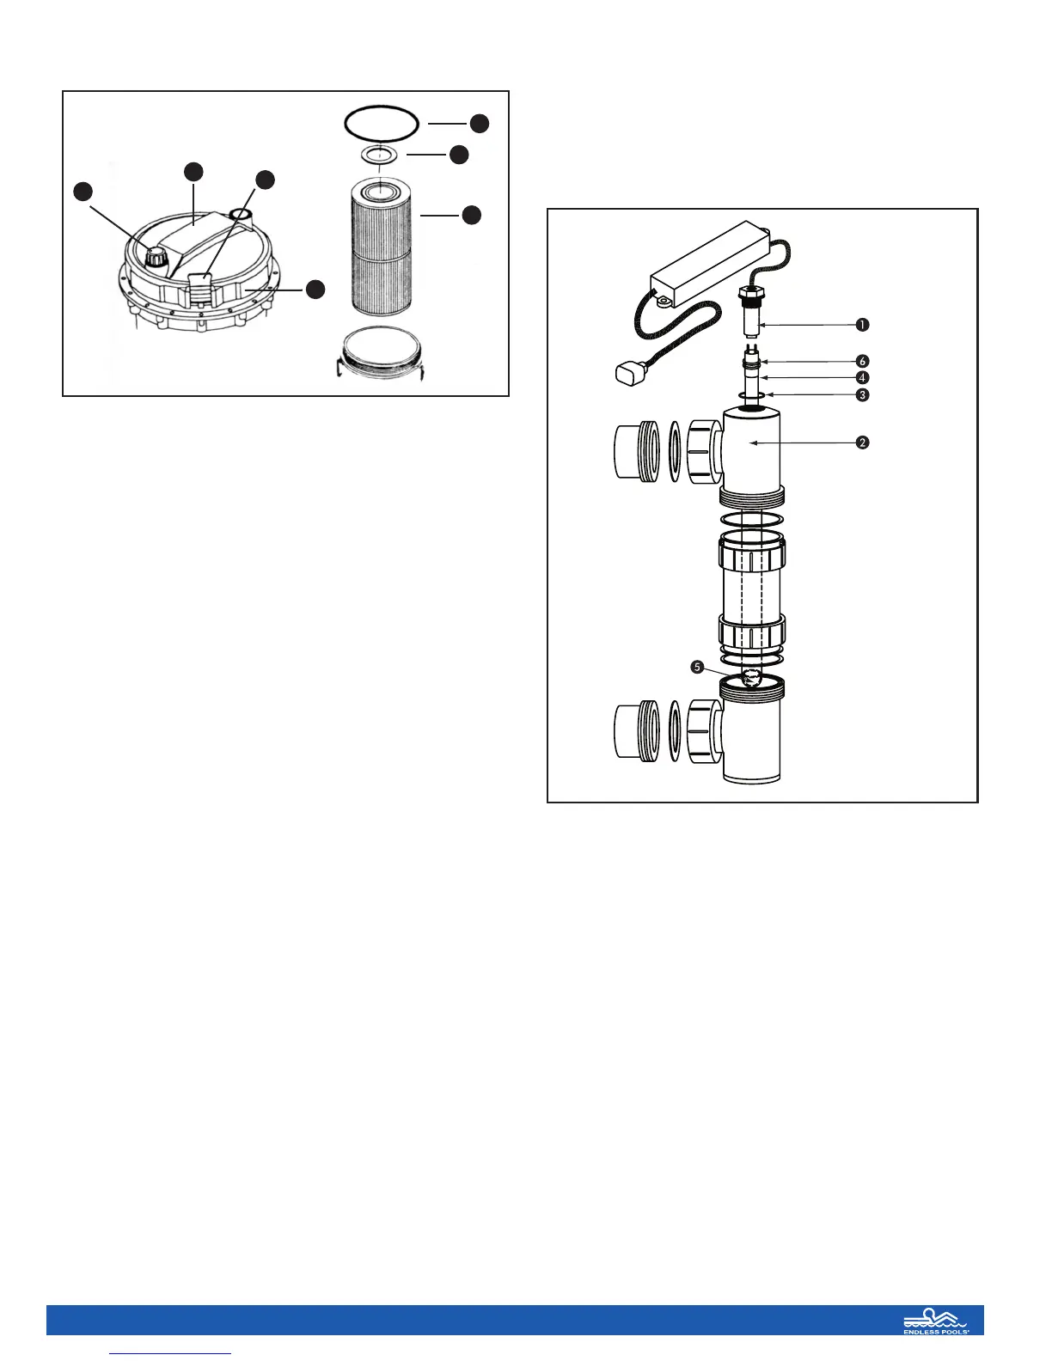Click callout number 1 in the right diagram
[861, 325]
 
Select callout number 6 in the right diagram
[861, 362]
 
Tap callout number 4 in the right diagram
[861, 378]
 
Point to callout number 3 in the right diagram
[861, 395]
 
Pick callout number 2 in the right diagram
[861, 443]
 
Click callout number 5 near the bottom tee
[698, 667]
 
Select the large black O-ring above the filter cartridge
[382, 122]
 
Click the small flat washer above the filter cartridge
[380, 155]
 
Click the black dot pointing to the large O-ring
[480, 123]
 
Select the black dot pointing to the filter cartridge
[471, 215]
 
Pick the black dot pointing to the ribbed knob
[83, 192]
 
